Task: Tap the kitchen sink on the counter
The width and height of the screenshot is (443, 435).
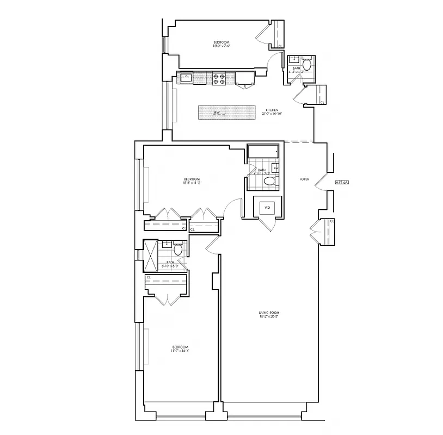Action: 186,77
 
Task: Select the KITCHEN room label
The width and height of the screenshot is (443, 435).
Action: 264,110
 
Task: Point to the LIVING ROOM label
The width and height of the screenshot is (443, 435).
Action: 268,313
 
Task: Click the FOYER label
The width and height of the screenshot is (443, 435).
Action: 304,178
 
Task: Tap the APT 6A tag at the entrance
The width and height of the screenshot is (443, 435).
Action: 342,183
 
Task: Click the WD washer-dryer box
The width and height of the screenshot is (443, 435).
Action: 268,208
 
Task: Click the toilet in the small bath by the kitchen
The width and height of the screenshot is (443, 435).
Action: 306,65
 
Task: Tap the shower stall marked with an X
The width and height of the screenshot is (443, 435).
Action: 151,255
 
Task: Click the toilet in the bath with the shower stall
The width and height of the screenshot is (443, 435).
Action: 177,251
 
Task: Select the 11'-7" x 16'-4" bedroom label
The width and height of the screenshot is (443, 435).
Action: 181,349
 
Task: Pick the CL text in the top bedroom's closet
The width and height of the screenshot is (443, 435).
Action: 280,46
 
